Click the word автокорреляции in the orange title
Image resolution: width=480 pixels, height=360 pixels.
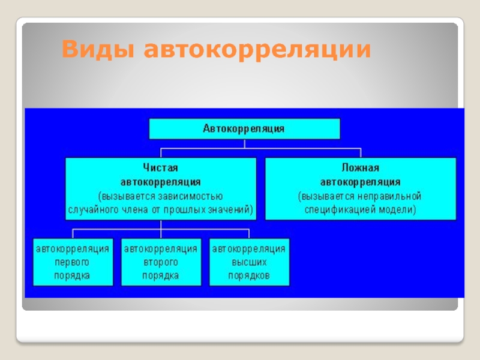coord(256,50)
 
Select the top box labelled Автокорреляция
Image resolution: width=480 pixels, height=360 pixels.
coord(244,128)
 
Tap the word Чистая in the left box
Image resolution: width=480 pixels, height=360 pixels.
coord(161,168)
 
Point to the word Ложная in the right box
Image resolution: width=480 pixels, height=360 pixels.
coord(361,168)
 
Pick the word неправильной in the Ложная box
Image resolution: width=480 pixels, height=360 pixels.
coord(394,196)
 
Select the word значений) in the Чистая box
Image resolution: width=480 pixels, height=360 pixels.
coord(232,210)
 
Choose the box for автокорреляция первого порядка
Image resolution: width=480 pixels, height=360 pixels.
coord(73,262)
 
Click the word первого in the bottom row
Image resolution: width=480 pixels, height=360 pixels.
coord(73,262)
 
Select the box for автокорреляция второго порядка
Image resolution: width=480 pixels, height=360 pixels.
coord(161,262)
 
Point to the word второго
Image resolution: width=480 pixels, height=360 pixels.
coord(161,262)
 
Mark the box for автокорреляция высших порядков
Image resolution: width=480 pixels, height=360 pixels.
coord(250,262)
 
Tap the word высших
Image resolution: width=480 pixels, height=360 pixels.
coord(250,262)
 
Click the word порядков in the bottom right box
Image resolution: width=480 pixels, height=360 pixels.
coord(250,276)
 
